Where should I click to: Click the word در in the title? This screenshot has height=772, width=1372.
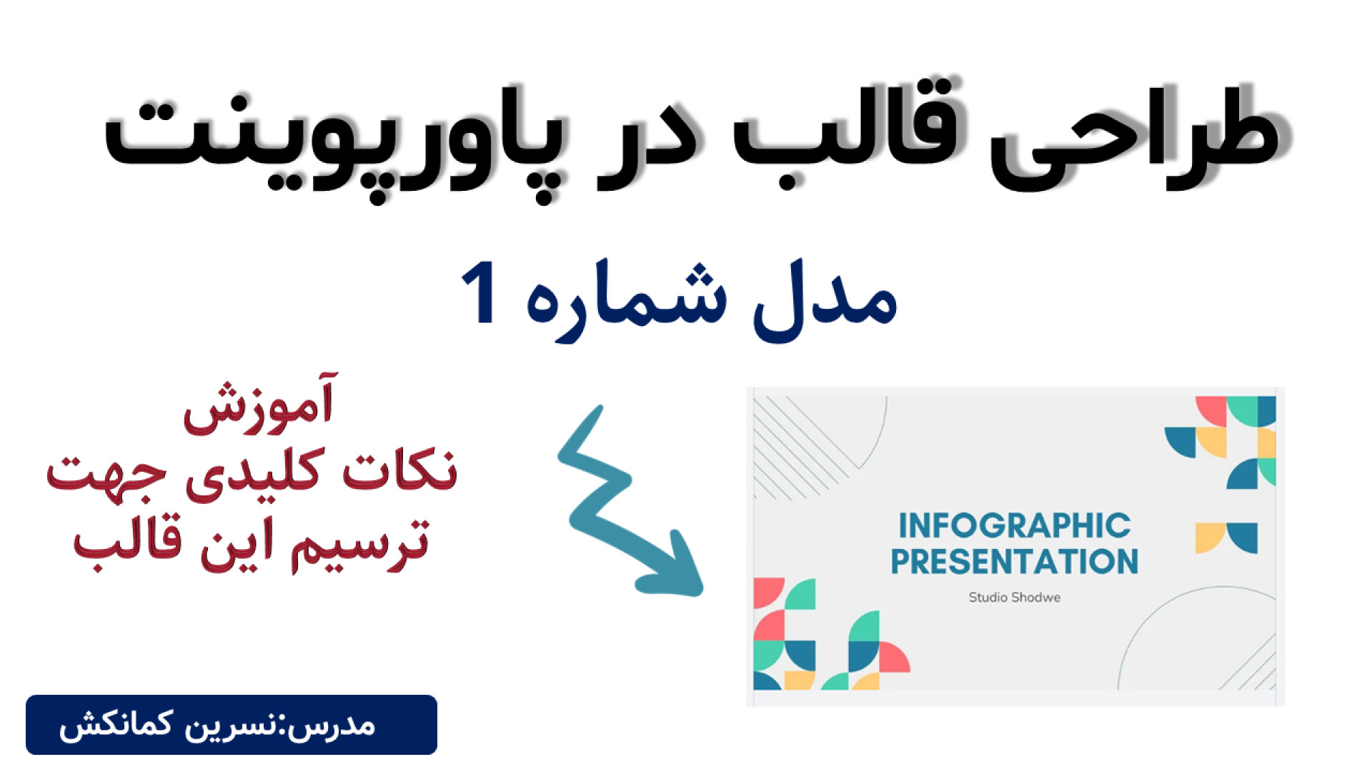[x=647, y=150]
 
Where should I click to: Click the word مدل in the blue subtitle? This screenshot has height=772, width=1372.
[x=825, y=297]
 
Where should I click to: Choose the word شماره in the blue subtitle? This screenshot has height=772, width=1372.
[x=626, y=300]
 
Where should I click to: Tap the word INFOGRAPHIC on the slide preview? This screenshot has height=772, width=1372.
[x=1015, y=526]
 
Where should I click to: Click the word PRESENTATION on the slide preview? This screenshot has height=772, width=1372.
[x=1015, y=562]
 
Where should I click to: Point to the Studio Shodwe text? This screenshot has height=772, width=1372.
[x=1015, y=598]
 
